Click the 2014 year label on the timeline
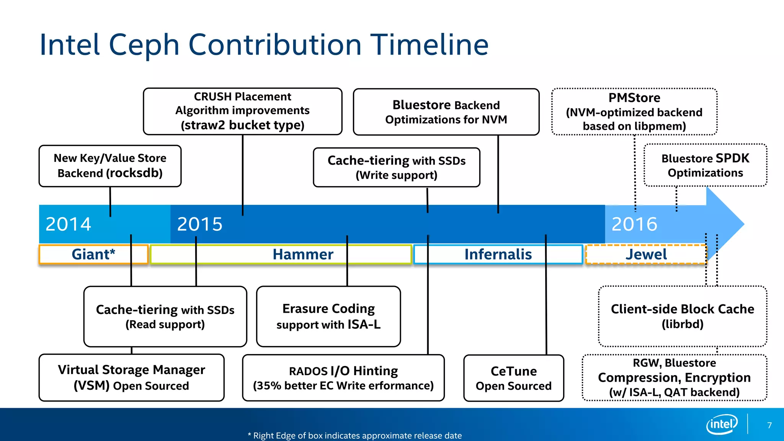point(68,224)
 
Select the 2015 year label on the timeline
point(199,224)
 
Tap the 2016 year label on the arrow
point(634,224)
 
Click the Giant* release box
point(93,254)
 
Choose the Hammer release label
point(302,254)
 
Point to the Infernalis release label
point(498,254)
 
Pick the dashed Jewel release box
point(646,254)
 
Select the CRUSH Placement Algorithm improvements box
point(242,111)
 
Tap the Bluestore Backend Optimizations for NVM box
point(446,112)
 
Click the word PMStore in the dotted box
point(634,98)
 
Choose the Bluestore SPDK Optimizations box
point(705,165)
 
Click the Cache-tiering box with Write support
point(396,167)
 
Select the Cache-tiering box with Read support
point(165,317)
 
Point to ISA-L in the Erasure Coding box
point(364,325)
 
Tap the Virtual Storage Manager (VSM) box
point(131,377)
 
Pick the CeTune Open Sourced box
point(513,378)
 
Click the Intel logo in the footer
point(722,424)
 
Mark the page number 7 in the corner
point(769,425)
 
